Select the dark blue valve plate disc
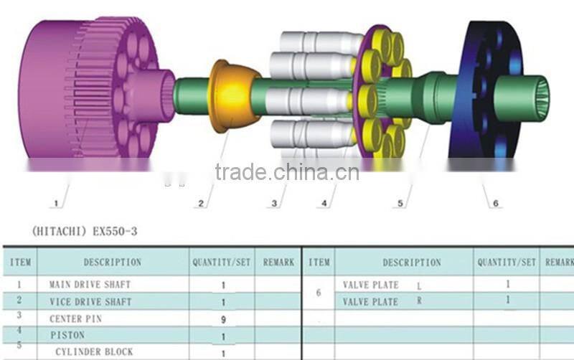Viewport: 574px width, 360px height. tap(488, 90)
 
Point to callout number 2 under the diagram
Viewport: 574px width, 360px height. tap(202, 204)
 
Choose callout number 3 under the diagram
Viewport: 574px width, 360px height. tap(273, 204)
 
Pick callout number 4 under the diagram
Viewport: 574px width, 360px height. tap(324, 204)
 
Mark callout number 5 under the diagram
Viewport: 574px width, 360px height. tap(400, 204)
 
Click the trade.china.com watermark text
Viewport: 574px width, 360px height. tap(287, 172)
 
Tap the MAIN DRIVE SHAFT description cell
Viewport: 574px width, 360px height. tap(90, 285)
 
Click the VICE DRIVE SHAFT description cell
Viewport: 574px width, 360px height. tap(90, 302)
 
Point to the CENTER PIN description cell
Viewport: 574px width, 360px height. tap(76, 318)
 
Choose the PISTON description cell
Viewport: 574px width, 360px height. tap(67, 335)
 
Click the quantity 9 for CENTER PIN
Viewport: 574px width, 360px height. tap(223, 319)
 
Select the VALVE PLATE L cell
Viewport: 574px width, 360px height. tap(381, 285)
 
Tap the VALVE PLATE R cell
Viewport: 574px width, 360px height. tap(381, 302)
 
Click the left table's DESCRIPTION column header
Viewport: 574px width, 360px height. tap(113, 262)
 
